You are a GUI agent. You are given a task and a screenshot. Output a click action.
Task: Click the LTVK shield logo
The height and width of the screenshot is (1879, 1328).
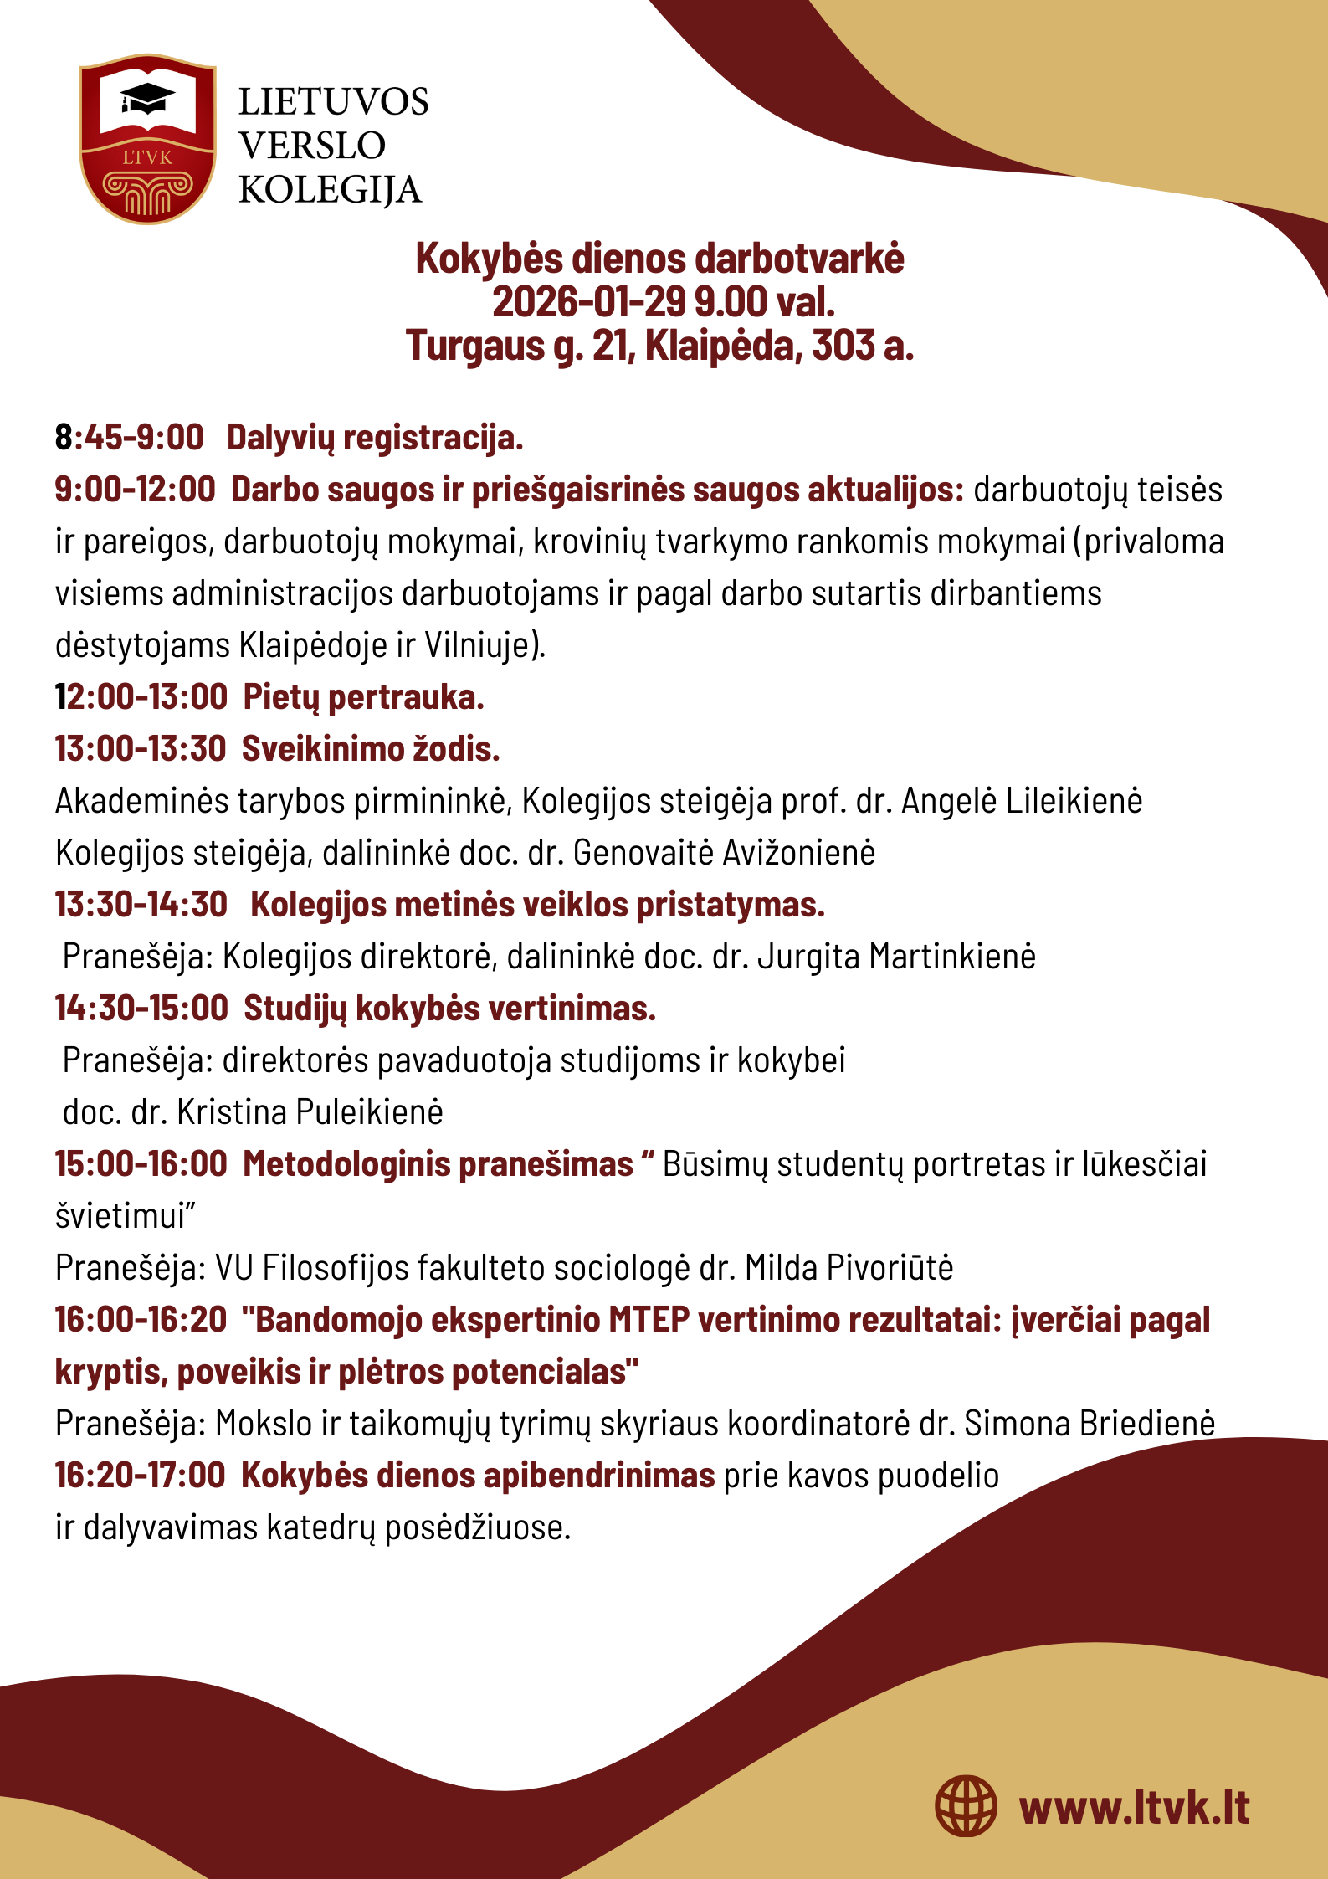click(147, 139)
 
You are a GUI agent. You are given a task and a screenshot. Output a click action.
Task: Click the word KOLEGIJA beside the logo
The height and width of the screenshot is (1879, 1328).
click(330, 190)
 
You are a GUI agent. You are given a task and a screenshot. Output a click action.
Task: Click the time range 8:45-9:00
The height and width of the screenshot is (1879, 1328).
click(129, 438)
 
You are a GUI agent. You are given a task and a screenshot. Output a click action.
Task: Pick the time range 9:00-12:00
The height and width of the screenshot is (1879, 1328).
click(135, 490)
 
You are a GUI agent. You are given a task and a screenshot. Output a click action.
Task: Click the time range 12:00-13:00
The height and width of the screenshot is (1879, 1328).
click(141, 697)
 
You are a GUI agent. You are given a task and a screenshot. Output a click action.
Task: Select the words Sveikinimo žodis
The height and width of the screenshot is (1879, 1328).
click(371, 749)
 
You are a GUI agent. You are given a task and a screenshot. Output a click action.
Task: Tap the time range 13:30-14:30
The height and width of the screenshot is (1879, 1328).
click(141, 905)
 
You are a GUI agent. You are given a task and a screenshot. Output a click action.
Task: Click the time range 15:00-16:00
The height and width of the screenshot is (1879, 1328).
click(141, 1164)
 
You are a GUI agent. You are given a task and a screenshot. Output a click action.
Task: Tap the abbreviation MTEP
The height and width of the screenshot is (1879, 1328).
click(649, 1320)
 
